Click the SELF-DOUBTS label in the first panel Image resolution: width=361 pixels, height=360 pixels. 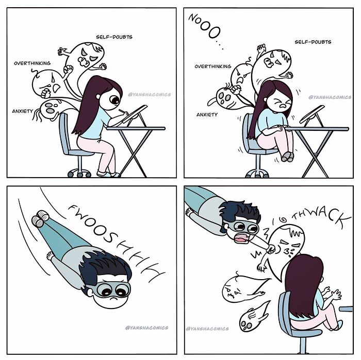click(x=114, y=37)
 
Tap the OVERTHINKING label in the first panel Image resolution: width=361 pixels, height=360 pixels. click(x=32, y=63)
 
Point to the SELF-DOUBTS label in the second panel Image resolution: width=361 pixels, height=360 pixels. click(x=313, y=42)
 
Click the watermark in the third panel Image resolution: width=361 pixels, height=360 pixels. click(x=146, y=328)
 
